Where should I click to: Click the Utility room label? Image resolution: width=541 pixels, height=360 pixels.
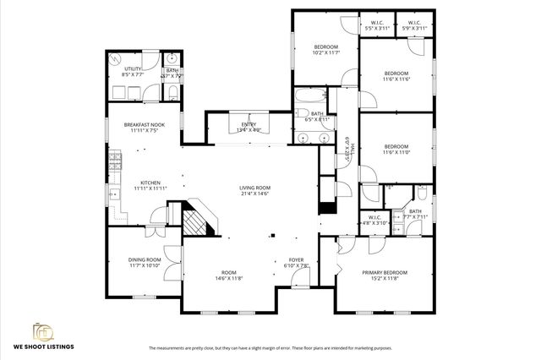(133, 68)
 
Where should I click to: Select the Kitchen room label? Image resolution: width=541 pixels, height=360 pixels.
(150, 183)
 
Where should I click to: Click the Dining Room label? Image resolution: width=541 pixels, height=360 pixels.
(143, 260)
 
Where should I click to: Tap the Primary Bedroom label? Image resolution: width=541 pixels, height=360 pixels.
(385, 273)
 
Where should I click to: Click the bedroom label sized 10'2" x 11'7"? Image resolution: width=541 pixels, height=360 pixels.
(326, 46)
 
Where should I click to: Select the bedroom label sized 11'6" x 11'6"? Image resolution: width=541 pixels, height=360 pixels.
(396, 74)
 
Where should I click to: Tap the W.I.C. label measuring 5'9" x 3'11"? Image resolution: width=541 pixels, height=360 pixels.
(414, 23)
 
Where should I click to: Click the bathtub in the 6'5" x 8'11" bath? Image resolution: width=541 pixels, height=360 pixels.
(305, 95)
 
